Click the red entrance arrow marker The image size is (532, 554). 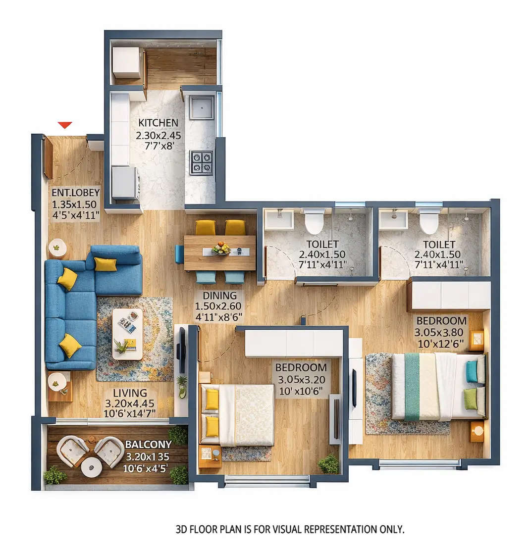pos(65,125)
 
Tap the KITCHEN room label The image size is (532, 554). pos(158,123)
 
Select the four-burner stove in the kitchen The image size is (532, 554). pos(201,162)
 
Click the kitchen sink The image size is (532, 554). pos(202,107)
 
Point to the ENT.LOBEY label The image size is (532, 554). pos(76,193)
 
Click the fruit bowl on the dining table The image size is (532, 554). pos(221,248)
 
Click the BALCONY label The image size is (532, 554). pos(148,444)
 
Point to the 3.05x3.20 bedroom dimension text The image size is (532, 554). pos(301,379)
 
